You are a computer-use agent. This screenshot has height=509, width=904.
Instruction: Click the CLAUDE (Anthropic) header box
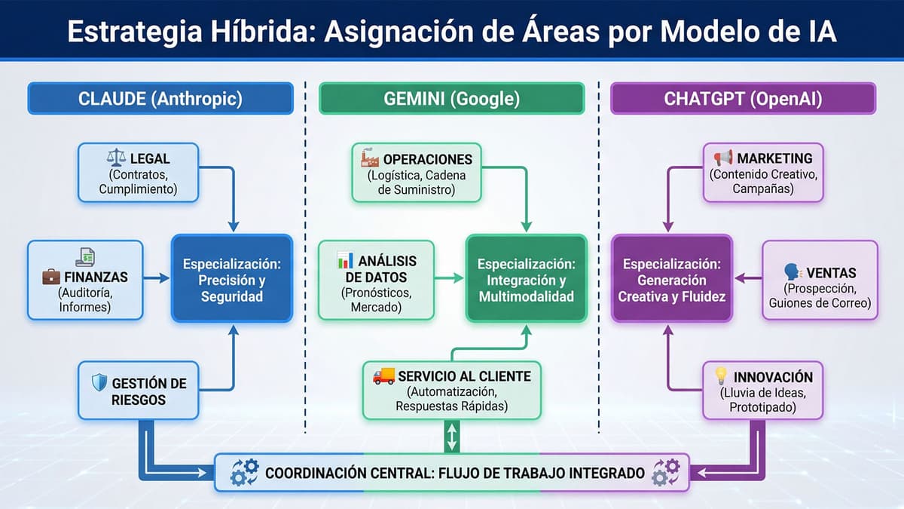pyautogui.click(x=159, y=99)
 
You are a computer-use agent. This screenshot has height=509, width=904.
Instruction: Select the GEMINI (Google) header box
pyautogui.click(x=451, y=99)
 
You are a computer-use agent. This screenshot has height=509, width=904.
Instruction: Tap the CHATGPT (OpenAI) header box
pyautogui.click(x=743, y=99)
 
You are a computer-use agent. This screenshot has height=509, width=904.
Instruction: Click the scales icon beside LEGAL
pyautogui.click(x=117, y=159)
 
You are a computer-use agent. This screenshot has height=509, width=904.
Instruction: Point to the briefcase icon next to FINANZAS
pyautogui.click(x=50, y=277)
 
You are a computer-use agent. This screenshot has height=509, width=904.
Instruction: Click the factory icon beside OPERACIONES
pyautogui.click(x=370, y=158)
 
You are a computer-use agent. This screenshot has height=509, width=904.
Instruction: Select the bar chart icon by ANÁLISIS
pyautogui.click(x=345, y=261)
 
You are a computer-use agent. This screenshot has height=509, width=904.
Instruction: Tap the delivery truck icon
pyautogui.click(x=383, y=376)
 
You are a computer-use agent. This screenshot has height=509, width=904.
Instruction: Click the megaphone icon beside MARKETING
pyautogui.click(x=723, y=158)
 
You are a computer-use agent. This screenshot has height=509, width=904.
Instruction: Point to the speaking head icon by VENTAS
pyautogui.click(x=791, y=271)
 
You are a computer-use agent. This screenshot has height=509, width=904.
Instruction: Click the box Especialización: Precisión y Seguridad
pyautogui.click(x=231, y=278)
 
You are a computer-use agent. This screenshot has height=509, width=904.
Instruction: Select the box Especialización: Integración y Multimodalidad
pyautogui.click(x=526, y=278)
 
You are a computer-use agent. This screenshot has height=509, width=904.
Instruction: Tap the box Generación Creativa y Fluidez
pyautogui.click(x=671, y=278)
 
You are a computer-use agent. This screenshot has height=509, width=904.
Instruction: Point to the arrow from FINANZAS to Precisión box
pyautogui.click(x=157, y=278)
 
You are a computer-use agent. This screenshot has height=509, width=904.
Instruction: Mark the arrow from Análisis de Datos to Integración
pyautogui.click(x=449, y=278)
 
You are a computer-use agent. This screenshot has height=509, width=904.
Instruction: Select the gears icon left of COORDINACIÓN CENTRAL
pyautogui.click(x=244, y=473)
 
